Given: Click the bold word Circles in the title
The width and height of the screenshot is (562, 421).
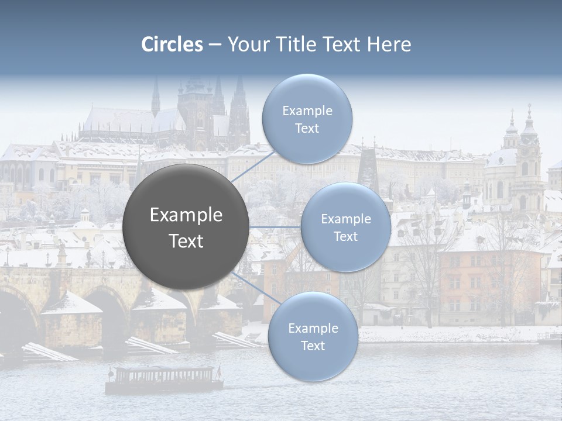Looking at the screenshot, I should [172, 44].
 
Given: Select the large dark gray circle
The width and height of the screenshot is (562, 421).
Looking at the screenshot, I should [186, 227].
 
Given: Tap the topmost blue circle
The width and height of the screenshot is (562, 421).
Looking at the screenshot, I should [307, 119].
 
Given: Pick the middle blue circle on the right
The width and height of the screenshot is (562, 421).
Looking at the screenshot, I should [345, 227].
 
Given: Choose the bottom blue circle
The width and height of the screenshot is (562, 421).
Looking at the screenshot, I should [313, 337].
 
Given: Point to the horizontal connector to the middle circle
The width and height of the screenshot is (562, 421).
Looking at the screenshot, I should [275, 227].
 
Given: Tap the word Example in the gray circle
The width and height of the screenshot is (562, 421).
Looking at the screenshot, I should [186, 215].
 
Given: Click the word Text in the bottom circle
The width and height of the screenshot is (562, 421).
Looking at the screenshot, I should [313, 346].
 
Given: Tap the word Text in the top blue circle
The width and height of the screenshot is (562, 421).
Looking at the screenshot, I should [307, 129].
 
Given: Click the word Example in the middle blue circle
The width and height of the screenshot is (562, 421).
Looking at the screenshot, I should [345, 219].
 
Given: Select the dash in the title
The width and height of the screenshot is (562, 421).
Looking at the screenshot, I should [215, 45].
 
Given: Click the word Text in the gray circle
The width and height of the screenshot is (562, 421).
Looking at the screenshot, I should [186, 241].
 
